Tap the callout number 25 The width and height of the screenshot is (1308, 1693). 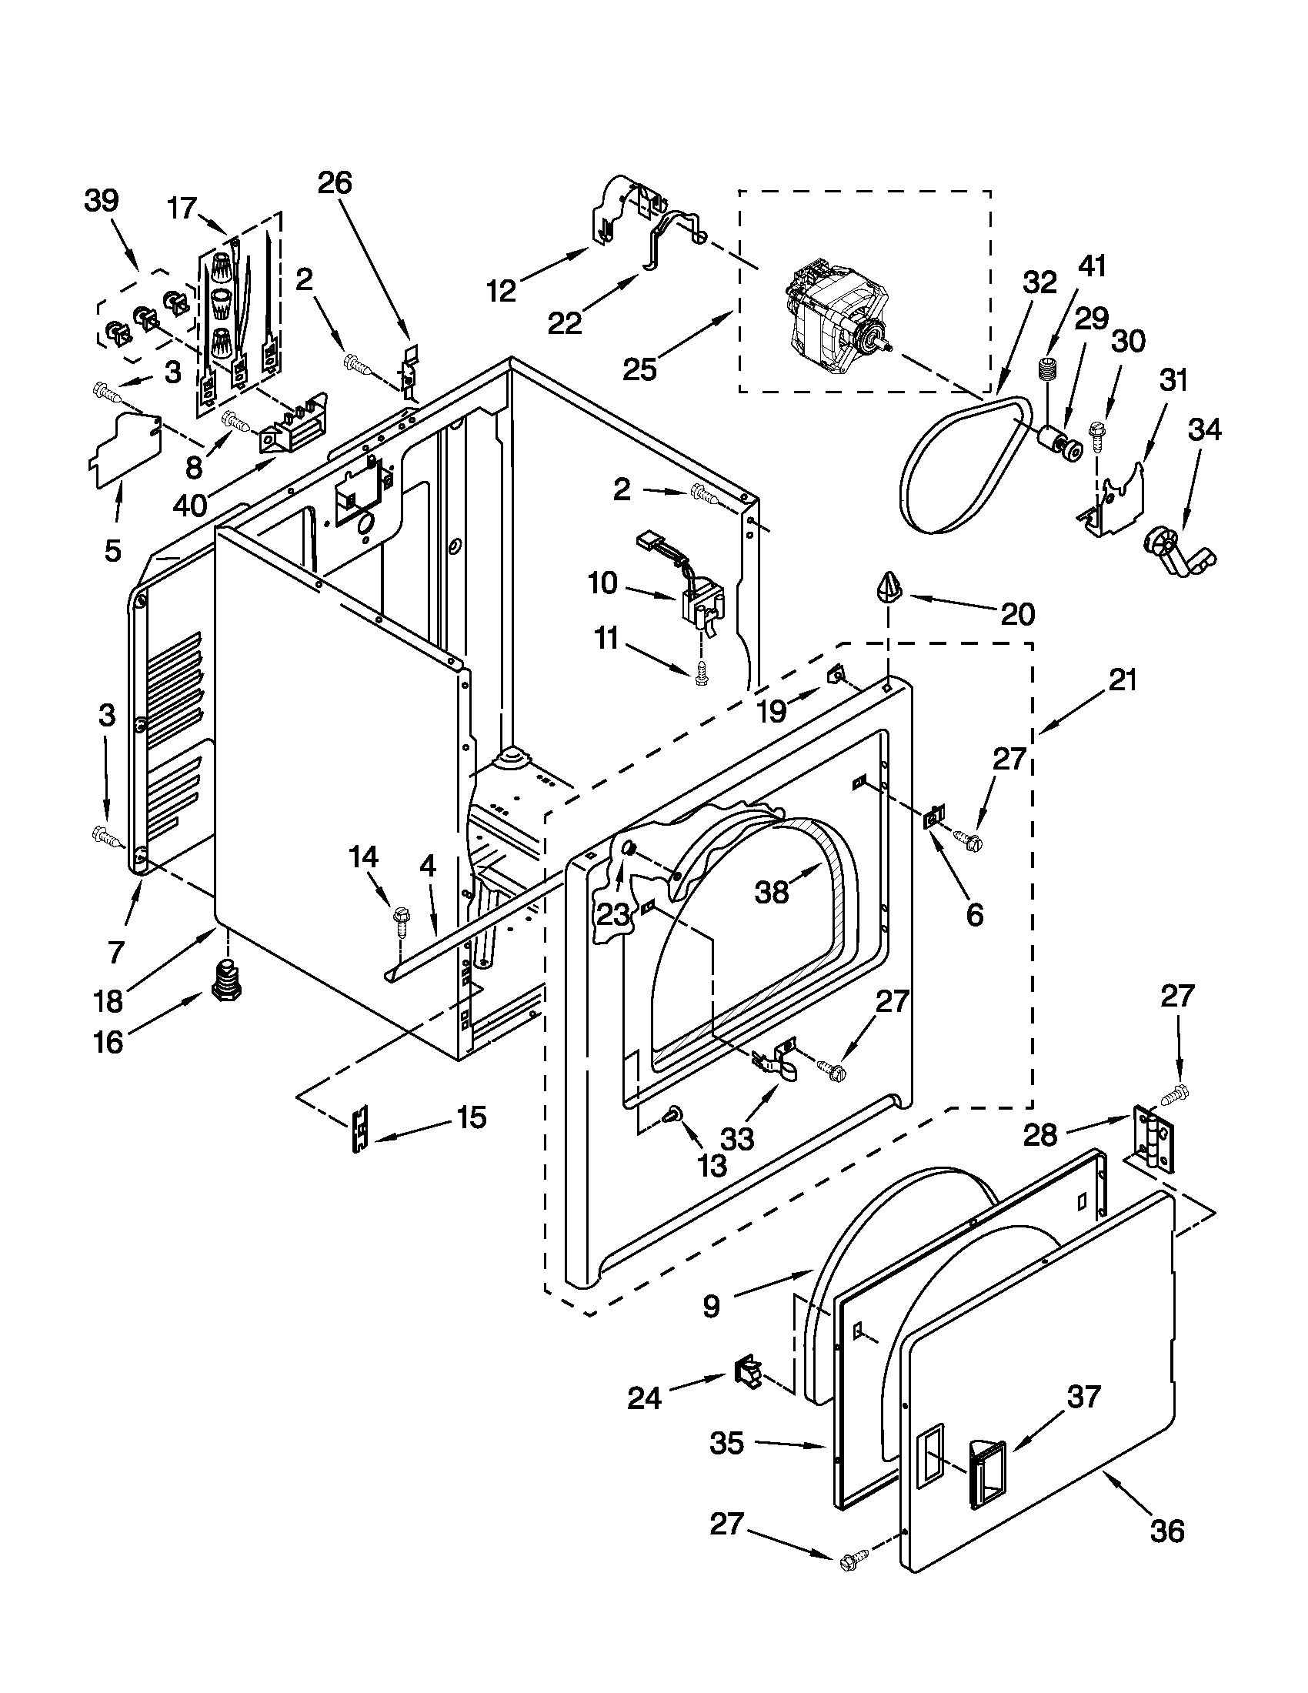pyautogui.click(x=639, y=369)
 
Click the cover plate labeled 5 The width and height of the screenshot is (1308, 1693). pyautogui.click(x=126, y=449)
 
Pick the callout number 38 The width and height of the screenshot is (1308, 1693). pyautogui.click(x=772, y=892)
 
